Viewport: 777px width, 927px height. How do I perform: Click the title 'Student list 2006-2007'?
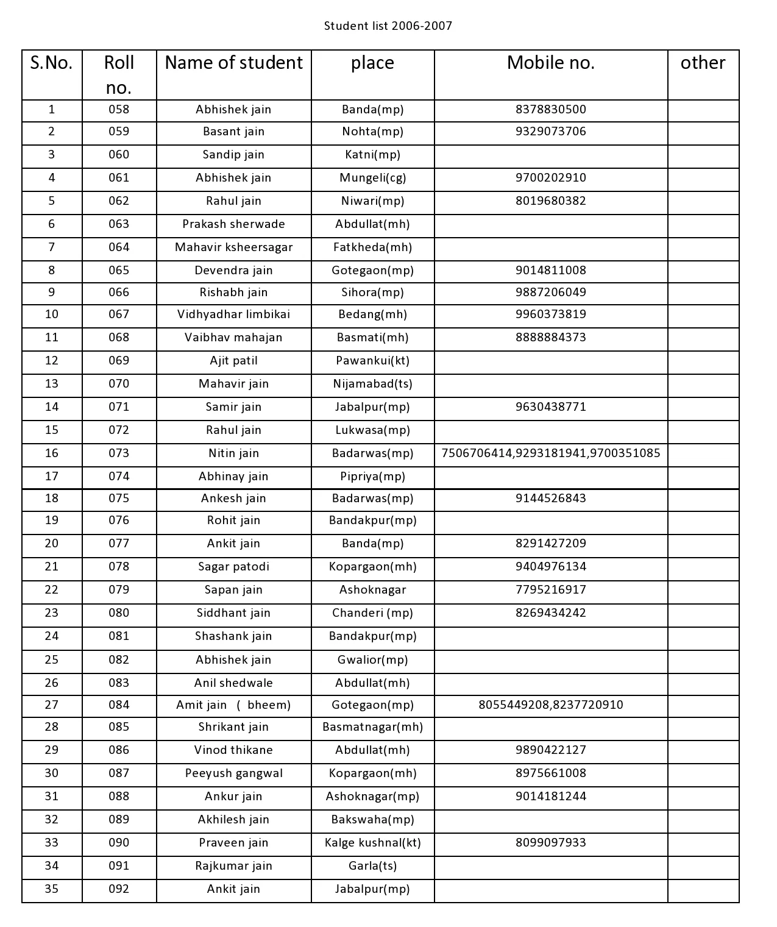[388, 26]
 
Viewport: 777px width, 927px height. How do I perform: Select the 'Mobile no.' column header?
[550, 63]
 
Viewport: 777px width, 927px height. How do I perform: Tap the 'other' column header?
[703, 63]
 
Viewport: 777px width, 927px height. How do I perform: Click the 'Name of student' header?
[233, 63]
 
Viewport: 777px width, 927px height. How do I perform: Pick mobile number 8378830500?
[550, 110]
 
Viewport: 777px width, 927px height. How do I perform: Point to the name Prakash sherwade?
[233, 224]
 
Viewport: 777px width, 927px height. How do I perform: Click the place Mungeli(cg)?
[372, 178]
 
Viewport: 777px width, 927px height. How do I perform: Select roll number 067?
[119, 314]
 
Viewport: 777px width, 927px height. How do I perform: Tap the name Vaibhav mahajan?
[233, 338]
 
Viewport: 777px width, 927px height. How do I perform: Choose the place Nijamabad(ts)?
[372, 384]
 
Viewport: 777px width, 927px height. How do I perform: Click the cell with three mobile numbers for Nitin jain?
[550, 453]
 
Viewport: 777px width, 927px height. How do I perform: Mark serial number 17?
[52, 477]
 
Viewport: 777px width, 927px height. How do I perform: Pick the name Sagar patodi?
[233, 567]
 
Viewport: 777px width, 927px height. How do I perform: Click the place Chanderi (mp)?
[372, 613]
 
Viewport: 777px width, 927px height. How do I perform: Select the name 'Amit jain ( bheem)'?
[233, 705]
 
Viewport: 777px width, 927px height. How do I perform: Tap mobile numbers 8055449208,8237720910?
[550, 705]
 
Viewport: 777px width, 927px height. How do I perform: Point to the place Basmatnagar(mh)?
[372, 727]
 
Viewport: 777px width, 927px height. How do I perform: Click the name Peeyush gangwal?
[233, 773]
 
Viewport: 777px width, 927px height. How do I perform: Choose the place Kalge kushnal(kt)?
[372, 843]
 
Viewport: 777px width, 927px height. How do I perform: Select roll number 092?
[119, 889]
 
